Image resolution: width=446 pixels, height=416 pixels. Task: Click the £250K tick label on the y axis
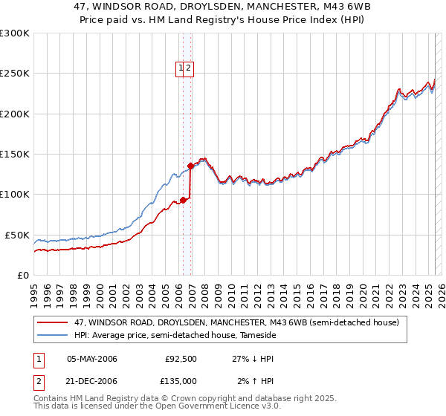(15, 74)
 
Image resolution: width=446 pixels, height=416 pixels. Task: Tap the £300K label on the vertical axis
(15, 33)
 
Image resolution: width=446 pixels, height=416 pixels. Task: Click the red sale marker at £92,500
(183, 201)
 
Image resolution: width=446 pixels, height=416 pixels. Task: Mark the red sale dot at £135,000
(191, 166)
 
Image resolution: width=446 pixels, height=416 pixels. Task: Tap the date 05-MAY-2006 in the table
(92, 359)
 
